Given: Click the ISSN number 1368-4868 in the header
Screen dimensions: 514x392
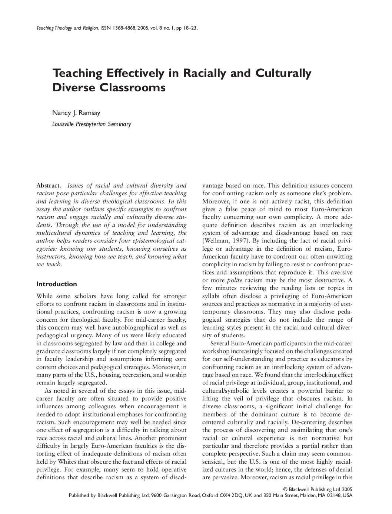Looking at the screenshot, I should coord(126,28).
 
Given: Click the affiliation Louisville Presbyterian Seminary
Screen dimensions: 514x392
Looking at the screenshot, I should coord(92,124).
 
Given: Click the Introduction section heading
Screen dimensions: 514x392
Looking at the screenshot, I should coord(57,284).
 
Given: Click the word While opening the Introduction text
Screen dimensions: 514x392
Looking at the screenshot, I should coord(44,296).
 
